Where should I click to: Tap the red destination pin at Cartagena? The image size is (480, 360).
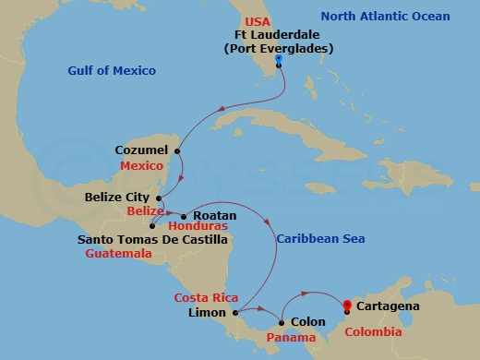[x=347, y=306]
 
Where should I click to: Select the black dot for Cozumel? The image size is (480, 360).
[x=177, y=150]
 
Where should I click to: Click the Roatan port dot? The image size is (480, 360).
[x=184, y=216]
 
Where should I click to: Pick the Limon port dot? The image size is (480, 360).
[x=235, y=312]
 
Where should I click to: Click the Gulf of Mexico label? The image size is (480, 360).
[x=112, y=71]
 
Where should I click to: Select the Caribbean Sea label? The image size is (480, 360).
[x=320, y=239]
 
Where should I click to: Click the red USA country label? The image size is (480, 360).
[x=258, y=21]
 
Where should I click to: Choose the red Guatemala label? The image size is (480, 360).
[x=119, y=253]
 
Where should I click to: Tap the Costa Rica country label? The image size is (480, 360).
[x=206, y=298]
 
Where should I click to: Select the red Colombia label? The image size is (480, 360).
[x=373, y=331]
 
